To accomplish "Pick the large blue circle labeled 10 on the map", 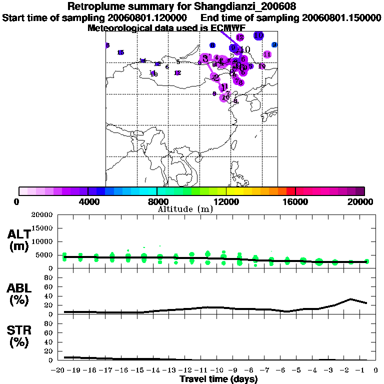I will (258, 35).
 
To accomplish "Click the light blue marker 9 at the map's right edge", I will (274, 44).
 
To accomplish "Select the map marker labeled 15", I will (120, 52).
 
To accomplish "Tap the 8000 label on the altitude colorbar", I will (156, 201).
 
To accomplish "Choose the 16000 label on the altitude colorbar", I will (295, 201).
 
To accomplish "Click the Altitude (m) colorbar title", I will (184, 209).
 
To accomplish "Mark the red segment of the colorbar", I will (290, 191).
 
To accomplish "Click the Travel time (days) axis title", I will (218, 379).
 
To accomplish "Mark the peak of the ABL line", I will (351, 299).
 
